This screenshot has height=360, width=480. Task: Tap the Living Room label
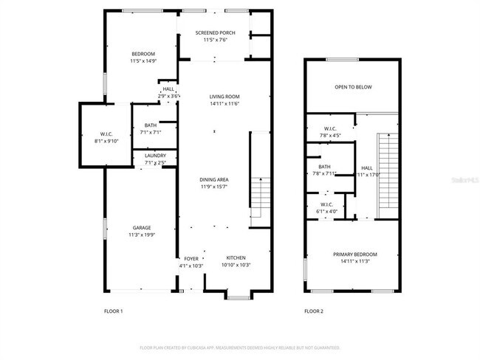(x=214, y=100)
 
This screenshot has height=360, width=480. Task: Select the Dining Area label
(x=213, y=183)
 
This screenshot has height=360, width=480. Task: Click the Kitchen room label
(x=236, y=261)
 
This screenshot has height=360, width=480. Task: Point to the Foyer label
(x=191, y=261)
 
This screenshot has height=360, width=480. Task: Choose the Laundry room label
(x=155, y=159)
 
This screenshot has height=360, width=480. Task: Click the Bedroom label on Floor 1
(x=143, y=58)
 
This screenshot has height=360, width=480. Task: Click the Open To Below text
(x=353, y=87)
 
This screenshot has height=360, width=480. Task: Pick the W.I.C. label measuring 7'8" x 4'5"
(x=329, y=131)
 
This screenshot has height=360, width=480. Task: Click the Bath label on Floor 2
(x=325, y=170)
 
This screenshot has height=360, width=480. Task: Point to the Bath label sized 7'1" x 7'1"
(x=151, y=128)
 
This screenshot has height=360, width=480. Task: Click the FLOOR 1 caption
(x=113, y=311)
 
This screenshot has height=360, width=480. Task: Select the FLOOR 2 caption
(x=314, y=311)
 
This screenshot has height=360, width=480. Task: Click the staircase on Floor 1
(x=258, y=193)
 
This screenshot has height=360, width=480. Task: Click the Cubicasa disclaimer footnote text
(x=239, y=347)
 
